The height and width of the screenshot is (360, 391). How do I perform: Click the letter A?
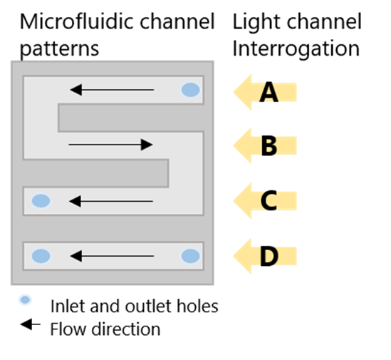point(269,93)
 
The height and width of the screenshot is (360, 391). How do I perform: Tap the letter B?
point(269,146)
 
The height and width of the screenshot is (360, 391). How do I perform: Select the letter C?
point(269,201)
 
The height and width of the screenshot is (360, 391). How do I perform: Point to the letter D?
point(269,256)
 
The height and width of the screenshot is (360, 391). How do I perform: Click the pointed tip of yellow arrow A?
point(234,92)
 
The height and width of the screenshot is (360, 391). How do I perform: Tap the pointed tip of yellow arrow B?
point(234,146)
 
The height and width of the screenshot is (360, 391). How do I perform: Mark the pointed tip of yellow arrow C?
point(234,201)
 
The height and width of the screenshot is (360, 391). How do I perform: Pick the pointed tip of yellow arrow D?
point(234,256)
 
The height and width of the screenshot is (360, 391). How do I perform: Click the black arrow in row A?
point(112,90)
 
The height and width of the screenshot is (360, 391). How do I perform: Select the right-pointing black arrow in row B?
point(110,145)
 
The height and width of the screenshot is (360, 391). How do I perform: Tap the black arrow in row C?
point(111,201)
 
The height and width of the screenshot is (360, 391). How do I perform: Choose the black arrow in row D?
point(112,256)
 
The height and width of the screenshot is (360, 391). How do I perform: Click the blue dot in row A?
point(190,90)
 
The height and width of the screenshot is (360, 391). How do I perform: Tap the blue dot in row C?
point(41,201)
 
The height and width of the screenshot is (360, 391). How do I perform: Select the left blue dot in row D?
point(41,256)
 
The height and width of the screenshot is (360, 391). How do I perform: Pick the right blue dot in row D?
point(190,256)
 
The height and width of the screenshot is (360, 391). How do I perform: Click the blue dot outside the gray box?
point(25,299)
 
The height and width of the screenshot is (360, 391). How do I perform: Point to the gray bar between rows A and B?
point(130,118)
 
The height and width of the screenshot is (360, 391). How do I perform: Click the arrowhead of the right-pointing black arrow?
point(147,145)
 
